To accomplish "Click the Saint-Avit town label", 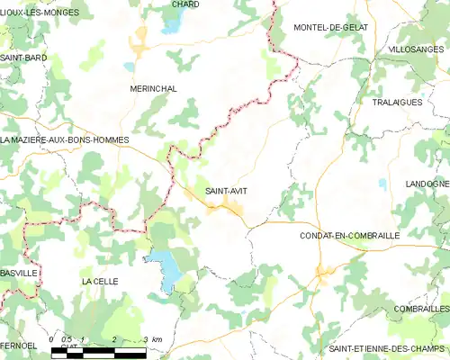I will (x=226, y=191).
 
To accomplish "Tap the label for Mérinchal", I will (x=152, y=89).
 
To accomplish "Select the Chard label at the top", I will (x=186, y=4).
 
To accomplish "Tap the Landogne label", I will (x=427, y=184).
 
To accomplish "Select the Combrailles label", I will (x=420, y=308).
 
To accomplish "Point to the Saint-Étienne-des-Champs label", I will (x=388, y=349).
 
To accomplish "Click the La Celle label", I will (x=99, y=282).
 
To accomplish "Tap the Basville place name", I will (x=19, y=271).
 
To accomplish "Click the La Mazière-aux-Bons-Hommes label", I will (x=65, y=140).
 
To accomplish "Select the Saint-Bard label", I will (x=23, y=58).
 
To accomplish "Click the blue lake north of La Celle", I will (x=165, y=267).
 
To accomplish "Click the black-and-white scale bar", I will (x=99, y=352).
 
